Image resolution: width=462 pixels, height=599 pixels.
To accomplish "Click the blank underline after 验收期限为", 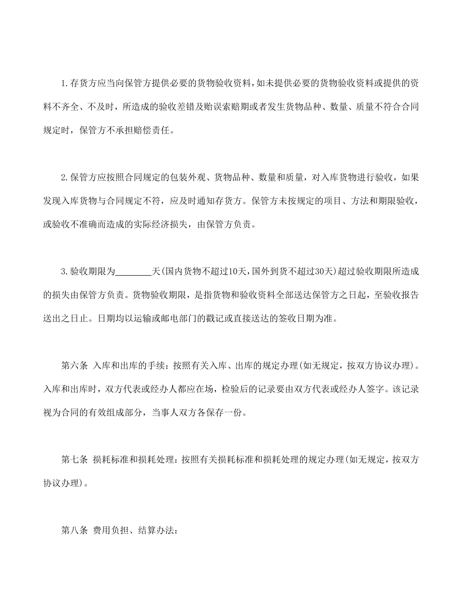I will click(133, 271).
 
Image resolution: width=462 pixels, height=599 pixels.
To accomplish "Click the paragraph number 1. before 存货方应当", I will click(65, 83).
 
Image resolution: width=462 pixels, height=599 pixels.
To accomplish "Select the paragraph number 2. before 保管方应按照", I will click(65, 177).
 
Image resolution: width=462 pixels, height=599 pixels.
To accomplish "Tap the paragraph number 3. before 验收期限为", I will click(65, 271).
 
